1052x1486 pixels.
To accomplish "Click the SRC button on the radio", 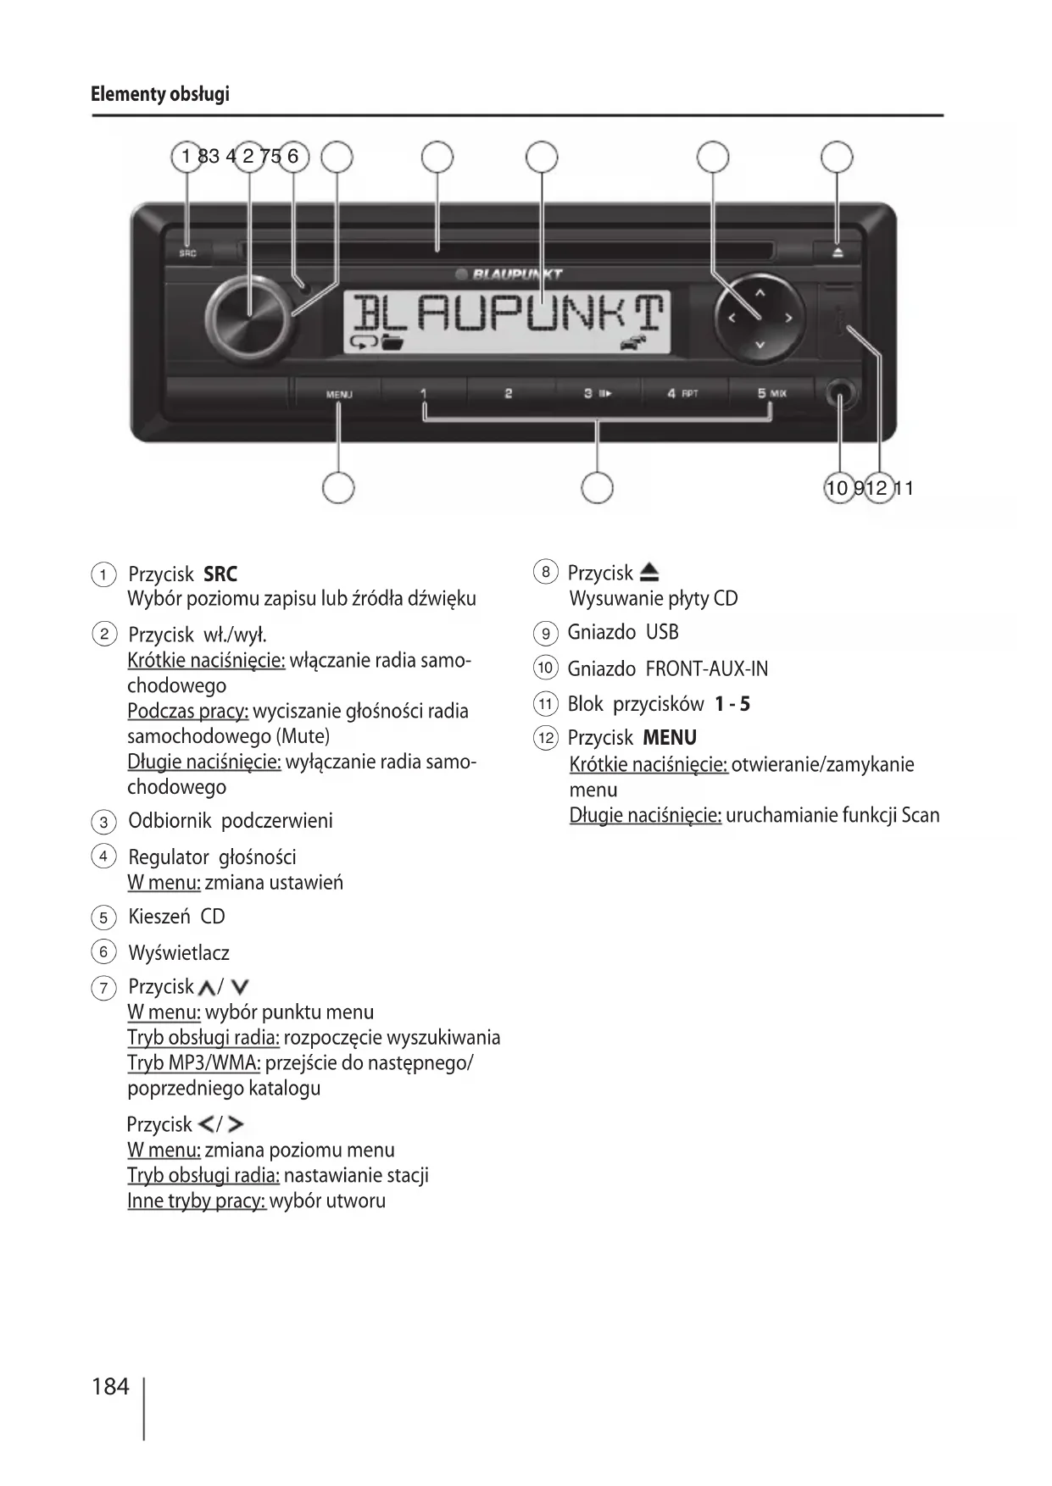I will click(x=187, y=252).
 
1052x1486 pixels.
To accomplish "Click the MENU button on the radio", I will click(x=338, y=394).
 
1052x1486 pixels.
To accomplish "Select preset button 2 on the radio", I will click(x=508, y=394).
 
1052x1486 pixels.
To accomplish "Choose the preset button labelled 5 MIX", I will click(x=771, y=394).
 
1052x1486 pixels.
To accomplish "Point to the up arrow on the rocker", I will click(x=760, y=293).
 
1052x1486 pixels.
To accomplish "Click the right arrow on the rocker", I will click(x=788, y=319).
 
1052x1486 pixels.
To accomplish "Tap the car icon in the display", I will click(x=635, y=341).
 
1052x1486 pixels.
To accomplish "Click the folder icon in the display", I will click(x=392, y=342).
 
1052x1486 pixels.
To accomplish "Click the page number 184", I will click(x=110, y=1387).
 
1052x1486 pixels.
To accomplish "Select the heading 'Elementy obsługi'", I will click(x=160, y=93).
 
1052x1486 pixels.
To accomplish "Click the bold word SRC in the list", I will click(x=220, y=574).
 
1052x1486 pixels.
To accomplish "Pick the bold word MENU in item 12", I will click(x=670, y=738).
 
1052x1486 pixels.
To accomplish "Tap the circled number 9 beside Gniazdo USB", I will click(x=545, y=634).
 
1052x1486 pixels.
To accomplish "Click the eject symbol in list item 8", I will click(x=648, y=573).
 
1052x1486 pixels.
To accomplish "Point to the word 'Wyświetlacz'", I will click(x=179, y=953).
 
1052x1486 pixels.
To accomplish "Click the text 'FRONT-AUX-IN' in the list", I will click(x=707, y=669).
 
